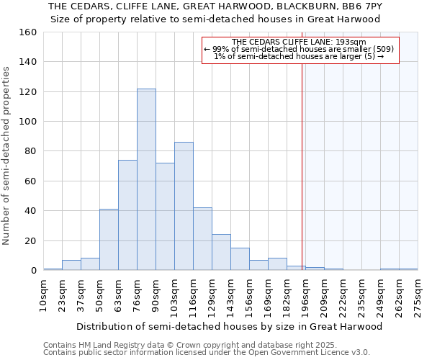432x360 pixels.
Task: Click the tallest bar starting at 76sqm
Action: point(146,179)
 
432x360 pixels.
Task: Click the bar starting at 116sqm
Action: point(202,238)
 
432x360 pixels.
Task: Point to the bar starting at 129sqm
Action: point(221,252)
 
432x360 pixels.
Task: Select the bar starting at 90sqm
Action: point(165,216)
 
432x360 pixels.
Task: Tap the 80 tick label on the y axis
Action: point(30,151)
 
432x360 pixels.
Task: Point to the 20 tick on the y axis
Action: point(30,240)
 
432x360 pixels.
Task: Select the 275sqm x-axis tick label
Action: point(418,297)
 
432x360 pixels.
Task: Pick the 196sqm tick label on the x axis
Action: point(305,297)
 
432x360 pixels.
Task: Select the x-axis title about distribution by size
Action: point(230,326)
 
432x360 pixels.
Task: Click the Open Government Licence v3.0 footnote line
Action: point(207,353)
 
